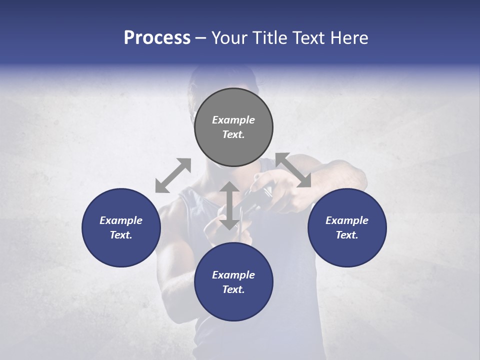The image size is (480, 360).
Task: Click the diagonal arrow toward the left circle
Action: click(173, 175)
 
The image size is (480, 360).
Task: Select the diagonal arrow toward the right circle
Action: click(293, 170)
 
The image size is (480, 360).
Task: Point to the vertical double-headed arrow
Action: click(229, 206)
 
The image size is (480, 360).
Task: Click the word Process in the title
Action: click(157, 38)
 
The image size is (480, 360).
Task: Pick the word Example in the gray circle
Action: click(233, 120)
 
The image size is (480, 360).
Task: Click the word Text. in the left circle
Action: click(121, 235)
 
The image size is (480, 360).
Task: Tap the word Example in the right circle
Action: click(347, 220)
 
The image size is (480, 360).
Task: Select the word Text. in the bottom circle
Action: click(233, 289)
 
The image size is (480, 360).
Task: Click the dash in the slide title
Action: click(200, 38)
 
